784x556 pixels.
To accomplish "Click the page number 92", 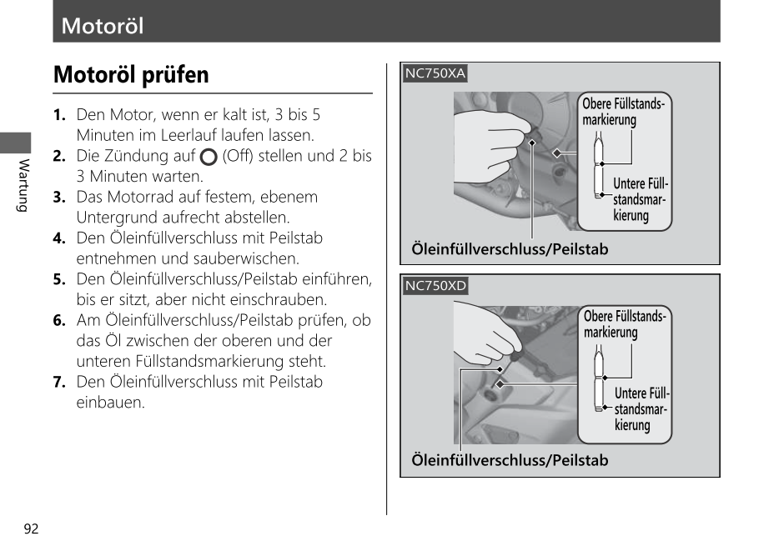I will [32, 529].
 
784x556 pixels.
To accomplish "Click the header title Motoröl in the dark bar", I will [103, 26].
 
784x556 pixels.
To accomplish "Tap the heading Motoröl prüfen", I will [131, 75].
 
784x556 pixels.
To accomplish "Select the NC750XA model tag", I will [435, 73].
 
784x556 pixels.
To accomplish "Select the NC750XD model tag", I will [435, 286].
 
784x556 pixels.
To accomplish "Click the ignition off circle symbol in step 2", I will [209, 157].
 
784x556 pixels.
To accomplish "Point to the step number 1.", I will [59, 115].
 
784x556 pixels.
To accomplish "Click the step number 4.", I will [59, 238].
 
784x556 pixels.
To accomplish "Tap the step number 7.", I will [59, 382].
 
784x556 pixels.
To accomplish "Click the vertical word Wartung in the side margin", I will [23, 184].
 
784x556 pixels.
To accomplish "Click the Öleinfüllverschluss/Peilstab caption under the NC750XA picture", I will [510, 249].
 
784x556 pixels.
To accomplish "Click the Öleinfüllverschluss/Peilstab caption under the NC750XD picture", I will [510, 460].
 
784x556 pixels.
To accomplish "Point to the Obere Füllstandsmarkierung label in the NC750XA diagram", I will [622, 112].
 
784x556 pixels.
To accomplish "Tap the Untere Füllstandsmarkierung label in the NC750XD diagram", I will [641, 408].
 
